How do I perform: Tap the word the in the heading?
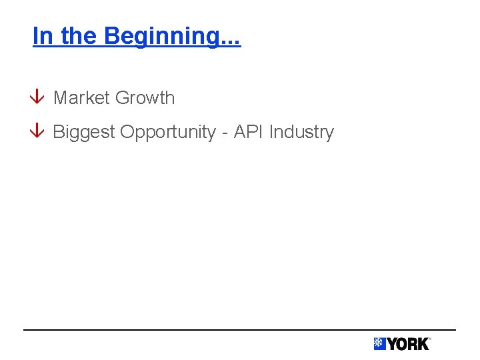77,35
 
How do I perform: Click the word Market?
81,98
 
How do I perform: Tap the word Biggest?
84,132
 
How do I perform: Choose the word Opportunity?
168,132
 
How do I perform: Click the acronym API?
249,132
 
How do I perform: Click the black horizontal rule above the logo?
240,329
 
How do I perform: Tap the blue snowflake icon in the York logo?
379,344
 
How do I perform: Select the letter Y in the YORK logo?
392,344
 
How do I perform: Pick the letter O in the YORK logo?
403,344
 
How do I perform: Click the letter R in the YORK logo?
413,344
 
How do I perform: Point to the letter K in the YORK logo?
423,344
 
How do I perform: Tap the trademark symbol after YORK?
429,339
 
